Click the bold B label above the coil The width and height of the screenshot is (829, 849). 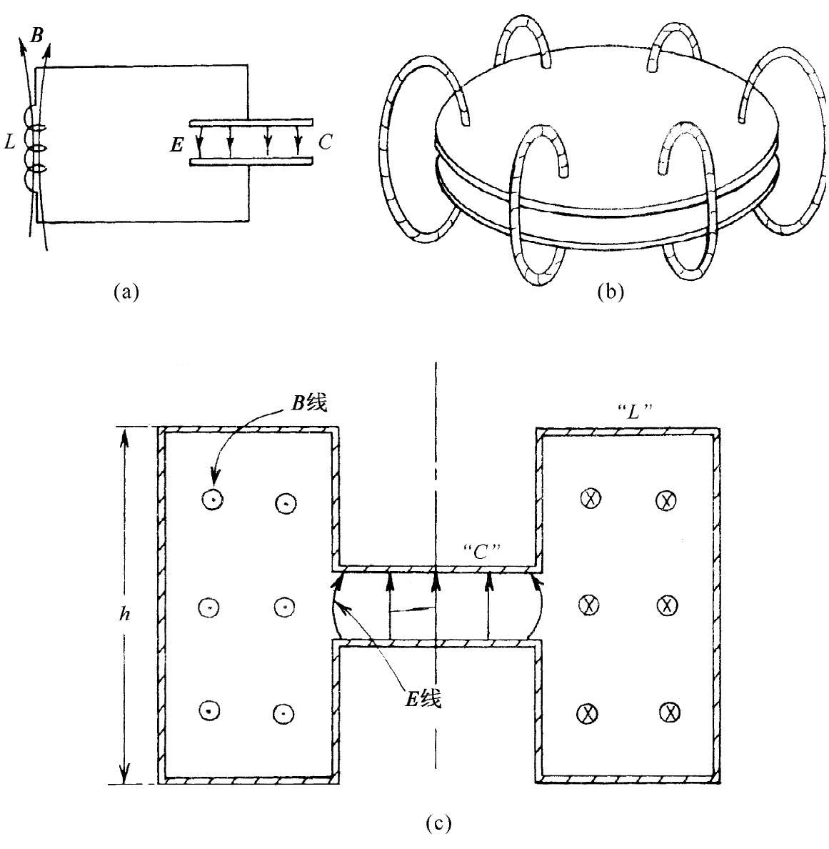point(37,36)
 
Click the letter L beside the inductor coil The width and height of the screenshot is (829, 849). point(10,142)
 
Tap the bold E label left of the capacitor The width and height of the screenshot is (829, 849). point(177,145)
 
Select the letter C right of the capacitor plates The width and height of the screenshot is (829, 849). point(325,142)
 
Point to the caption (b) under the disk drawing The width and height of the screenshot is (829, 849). point(611,291)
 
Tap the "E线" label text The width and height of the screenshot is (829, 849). point(423,699)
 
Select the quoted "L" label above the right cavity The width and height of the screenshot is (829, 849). point(634,412)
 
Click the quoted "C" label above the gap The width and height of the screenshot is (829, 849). point(481,552)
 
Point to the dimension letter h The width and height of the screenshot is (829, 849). point(124,614)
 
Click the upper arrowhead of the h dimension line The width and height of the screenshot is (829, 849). point(124,437)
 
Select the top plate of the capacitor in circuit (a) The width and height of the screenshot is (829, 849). point(251,121)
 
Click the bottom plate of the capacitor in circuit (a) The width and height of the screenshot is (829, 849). point(251,161)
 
